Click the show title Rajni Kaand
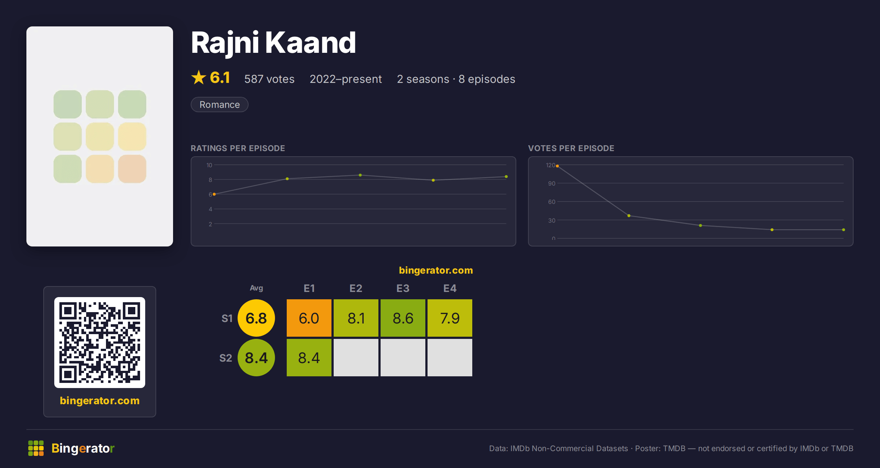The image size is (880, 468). pos(274,43)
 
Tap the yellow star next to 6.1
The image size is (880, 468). pos(199,77)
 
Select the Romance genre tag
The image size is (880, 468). pos(220,105)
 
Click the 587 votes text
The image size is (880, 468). pos(269,79)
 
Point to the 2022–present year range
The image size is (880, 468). pos(346,79)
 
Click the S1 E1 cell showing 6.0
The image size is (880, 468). pos(309,318)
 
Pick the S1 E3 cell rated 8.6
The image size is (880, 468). pos(403,318)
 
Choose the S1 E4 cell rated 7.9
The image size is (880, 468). pos(450,318)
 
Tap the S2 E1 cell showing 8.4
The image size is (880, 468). pos(309,358)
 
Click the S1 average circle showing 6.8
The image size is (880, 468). pos(256,318)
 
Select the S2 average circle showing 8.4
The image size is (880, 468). pos(256,358)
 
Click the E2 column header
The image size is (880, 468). pos(356,288)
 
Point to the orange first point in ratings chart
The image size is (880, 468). pos(214,194)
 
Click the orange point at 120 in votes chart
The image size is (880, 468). pos(557,166)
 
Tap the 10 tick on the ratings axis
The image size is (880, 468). pos(209,165)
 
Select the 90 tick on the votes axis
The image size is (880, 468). pos(551,183)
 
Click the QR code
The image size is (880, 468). pos(100,343)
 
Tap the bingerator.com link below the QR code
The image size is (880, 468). pos(100,401)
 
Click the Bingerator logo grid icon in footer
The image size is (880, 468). pos(36,448)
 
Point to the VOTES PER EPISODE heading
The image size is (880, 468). pos(571,148)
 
